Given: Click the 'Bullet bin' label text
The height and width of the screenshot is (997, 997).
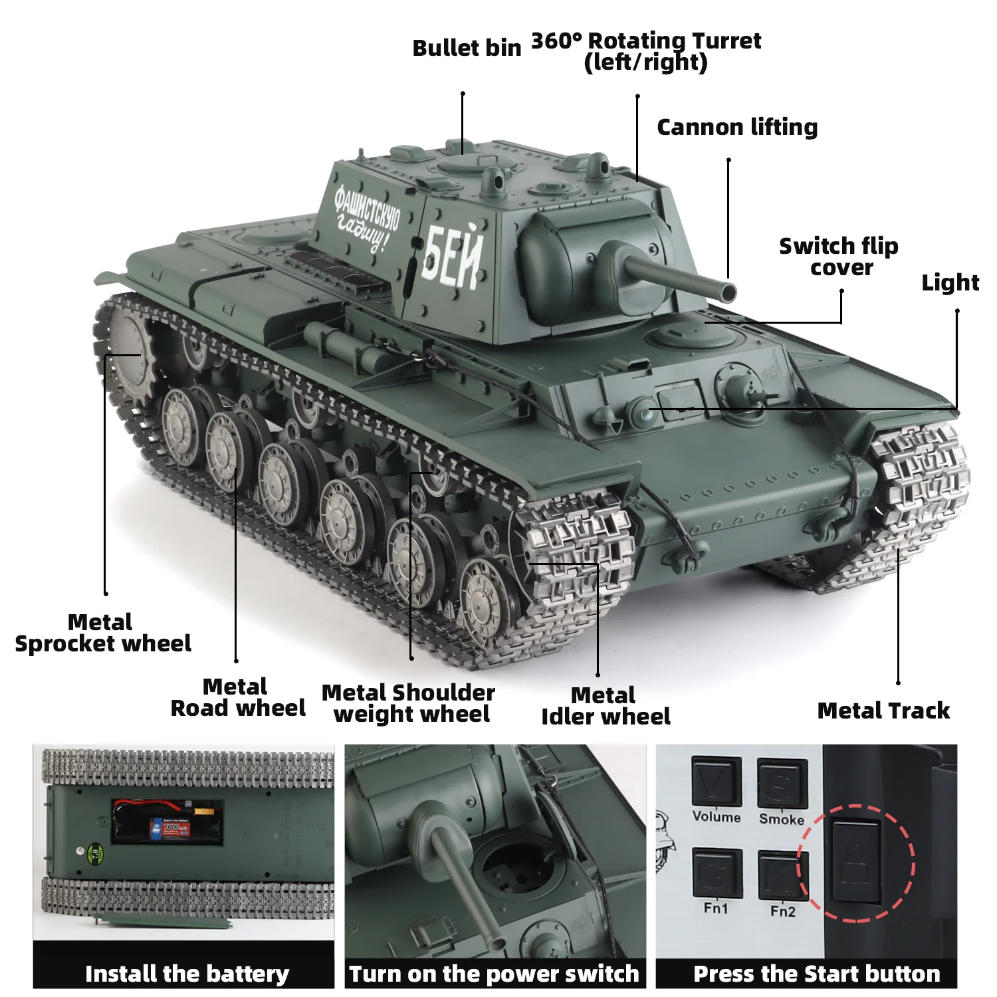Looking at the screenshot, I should pos(467,49).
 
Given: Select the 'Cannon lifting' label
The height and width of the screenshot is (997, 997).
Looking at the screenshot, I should pos(737,127).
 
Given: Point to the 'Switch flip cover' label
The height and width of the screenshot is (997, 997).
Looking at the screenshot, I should pos(839,257).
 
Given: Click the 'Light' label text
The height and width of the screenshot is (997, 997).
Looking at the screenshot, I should pos(950,282).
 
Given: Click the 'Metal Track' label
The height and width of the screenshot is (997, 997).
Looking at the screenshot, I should pos(883,711).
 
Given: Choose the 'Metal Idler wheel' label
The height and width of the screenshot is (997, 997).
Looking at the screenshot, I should pos(605,706).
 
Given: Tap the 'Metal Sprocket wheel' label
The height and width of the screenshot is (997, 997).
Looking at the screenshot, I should pos(102,633).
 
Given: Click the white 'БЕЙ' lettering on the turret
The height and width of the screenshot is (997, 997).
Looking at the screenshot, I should pos(452,257).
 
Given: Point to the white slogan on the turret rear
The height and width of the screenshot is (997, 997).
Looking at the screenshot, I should pos(367,219).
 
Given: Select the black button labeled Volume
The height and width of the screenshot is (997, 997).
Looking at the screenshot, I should pos(716,782).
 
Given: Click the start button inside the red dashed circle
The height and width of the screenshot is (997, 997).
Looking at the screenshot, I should pos(856,861).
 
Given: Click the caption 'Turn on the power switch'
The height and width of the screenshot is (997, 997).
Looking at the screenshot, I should pos(494,974).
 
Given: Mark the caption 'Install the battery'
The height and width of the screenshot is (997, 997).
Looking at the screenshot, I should pos(187,974).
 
